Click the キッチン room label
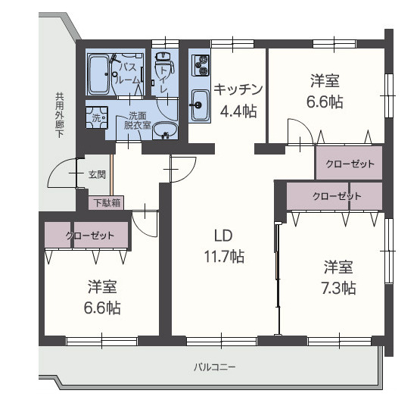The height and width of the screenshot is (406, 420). (x=238, y=87)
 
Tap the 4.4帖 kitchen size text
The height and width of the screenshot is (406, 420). (x=238, y=111)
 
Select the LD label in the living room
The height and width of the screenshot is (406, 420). (x=222, y=233)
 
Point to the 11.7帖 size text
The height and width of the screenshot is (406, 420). (x=222, y=256)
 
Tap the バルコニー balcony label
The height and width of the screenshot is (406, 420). (x=215, y=367)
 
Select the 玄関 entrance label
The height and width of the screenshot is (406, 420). (x=97, y=174)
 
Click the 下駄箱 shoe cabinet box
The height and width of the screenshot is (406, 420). (x=107, y=202)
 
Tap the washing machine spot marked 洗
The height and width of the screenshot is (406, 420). (x=96, y=118)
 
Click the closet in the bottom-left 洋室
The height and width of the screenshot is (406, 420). (x=86, y=236)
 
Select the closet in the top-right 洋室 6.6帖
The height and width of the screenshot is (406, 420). (x=349, y=164)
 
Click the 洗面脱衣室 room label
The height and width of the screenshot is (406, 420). (x=138, y=120)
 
